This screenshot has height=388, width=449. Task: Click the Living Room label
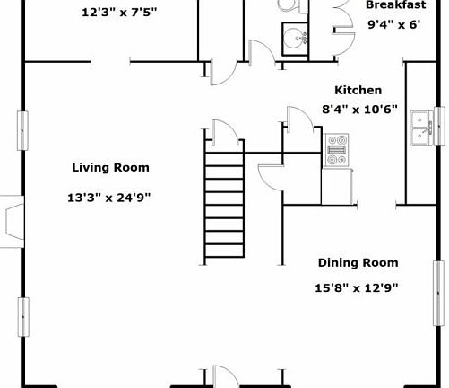click(x=110, y=167)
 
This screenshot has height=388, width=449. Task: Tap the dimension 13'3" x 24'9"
click(x=109, y=198)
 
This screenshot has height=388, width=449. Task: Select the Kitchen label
click(x=358, y=90)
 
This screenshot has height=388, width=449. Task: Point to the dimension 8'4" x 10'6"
click(x=359, y=110)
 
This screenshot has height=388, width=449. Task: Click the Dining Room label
click(x=358, y=262)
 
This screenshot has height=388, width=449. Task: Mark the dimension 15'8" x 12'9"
click(x=357, y=288)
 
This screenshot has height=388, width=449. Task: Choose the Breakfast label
click(x=396, y=4)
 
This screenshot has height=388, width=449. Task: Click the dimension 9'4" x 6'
click(x=394, y=24)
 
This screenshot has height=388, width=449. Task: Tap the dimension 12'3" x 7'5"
click(x=119, y=13)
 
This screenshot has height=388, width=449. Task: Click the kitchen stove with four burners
click(x=336, y=150)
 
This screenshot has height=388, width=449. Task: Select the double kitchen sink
click(x=421, y=128)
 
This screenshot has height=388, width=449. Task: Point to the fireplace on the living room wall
click(x=12, y=222)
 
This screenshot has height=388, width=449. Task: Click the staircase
click(x=224, y=205)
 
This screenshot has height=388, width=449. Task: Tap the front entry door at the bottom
click(x=226, y=376)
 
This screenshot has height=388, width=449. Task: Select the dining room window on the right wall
click(x=438, y=294)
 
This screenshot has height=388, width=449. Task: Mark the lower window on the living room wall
click(x=23, y=317)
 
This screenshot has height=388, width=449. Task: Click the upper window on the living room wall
click(x=22, y=130)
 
